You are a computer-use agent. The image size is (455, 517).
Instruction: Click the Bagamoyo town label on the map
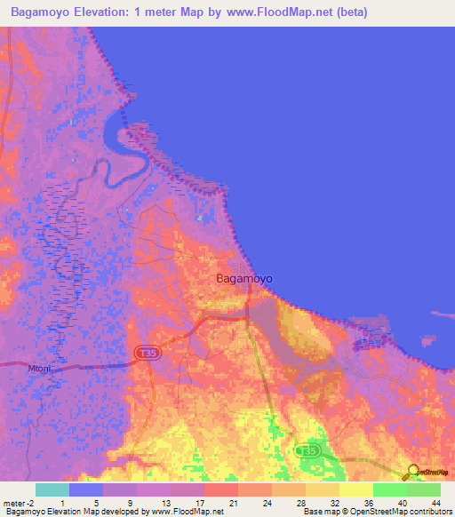tap(244, 278)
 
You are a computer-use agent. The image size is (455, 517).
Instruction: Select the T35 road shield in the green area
tap(307, 451)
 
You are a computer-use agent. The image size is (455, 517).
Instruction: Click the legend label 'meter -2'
tap(18, 503)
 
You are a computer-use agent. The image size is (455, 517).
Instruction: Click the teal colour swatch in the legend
tap(52, 489)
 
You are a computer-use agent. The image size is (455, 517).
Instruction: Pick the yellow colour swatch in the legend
tap(355, 489)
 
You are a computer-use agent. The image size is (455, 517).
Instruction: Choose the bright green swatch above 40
tap(389, 489)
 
